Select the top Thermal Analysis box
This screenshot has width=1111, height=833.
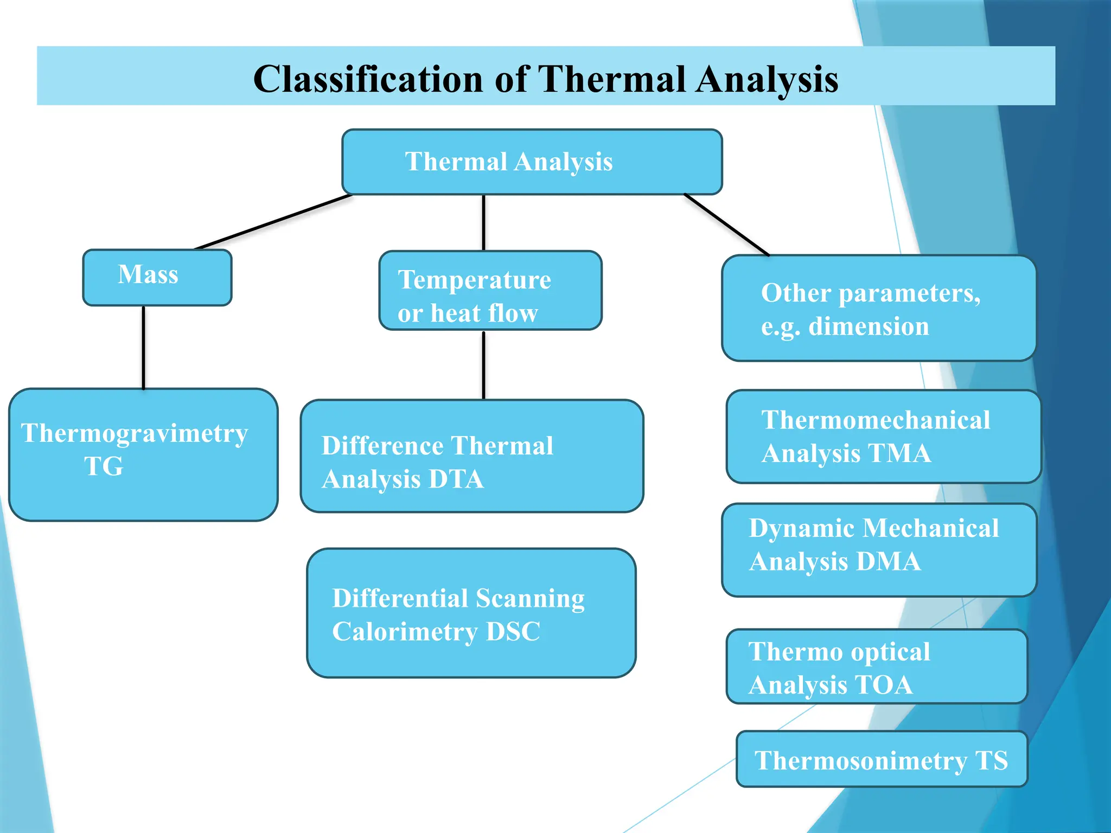pyautogui.click(x=532, y=162)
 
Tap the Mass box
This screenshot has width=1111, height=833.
pyautogui.click(x=157, y=277)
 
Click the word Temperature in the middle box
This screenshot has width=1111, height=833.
pyautogui.click(x=474, y=280)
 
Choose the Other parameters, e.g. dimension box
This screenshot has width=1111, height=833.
pyautogui.click(x=878, y=308)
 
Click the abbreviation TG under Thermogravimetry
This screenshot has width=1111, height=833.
pyautogui.click(x=104, y=466)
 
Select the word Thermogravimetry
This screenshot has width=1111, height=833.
pyautogui.click(x=135, y=433)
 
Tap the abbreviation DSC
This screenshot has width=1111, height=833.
pyautogui.click(x=513, y=632)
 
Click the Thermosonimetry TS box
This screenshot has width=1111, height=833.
pyautogui.click(x=882, y=759)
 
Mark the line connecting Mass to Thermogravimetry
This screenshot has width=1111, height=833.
pyautogui.click(x=144, y=347)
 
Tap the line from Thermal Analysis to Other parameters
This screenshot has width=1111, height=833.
pyautogui.click(x=727, y=225)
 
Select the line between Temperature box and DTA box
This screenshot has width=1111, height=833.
pyautogui.click(x=483, y=364)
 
